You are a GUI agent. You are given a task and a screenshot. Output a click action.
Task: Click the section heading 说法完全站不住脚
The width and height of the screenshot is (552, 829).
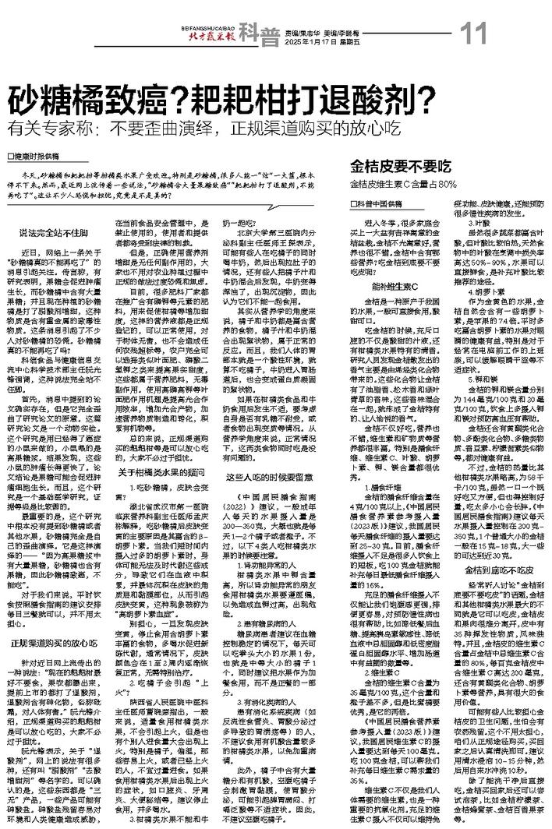coord(51,231)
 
